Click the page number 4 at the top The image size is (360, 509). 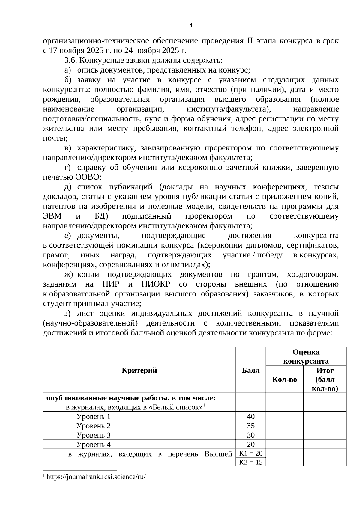[191, 25]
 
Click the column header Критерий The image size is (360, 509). [139, 370]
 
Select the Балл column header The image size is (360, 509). [251, 370]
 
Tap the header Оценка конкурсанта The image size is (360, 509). [306, 356]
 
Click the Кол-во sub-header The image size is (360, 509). [284, 380]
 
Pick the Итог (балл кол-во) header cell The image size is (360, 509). [325, 380]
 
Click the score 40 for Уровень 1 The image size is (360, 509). [251, 416]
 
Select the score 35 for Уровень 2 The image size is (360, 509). [251, 426]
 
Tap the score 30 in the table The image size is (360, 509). [251, 435]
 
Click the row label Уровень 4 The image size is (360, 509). [94, 444]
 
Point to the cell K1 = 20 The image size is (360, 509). [251, 453]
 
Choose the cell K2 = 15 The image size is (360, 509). [251, 462]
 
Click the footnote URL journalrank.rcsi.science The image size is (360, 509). [96, 477]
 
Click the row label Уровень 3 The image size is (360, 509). [94, 435]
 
